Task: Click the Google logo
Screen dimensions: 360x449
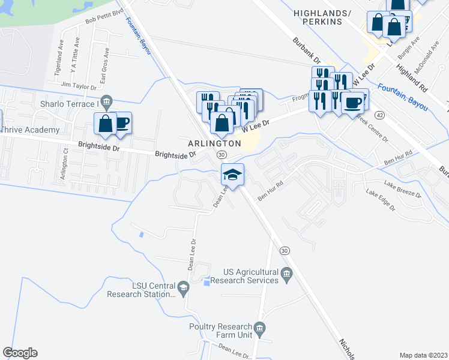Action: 20,353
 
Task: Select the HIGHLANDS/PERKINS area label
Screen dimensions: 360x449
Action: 318,17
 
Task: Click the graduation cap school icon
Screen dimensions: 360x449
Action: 233,174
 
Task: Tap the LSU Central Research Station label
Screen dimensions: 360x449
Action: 141,290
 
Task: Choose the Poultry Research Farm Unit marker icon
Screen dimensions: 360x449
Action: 259,328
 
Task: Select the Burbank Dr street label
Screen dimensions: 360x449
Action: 307,52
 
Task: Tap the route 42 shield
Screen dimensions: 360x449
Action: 379,114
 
